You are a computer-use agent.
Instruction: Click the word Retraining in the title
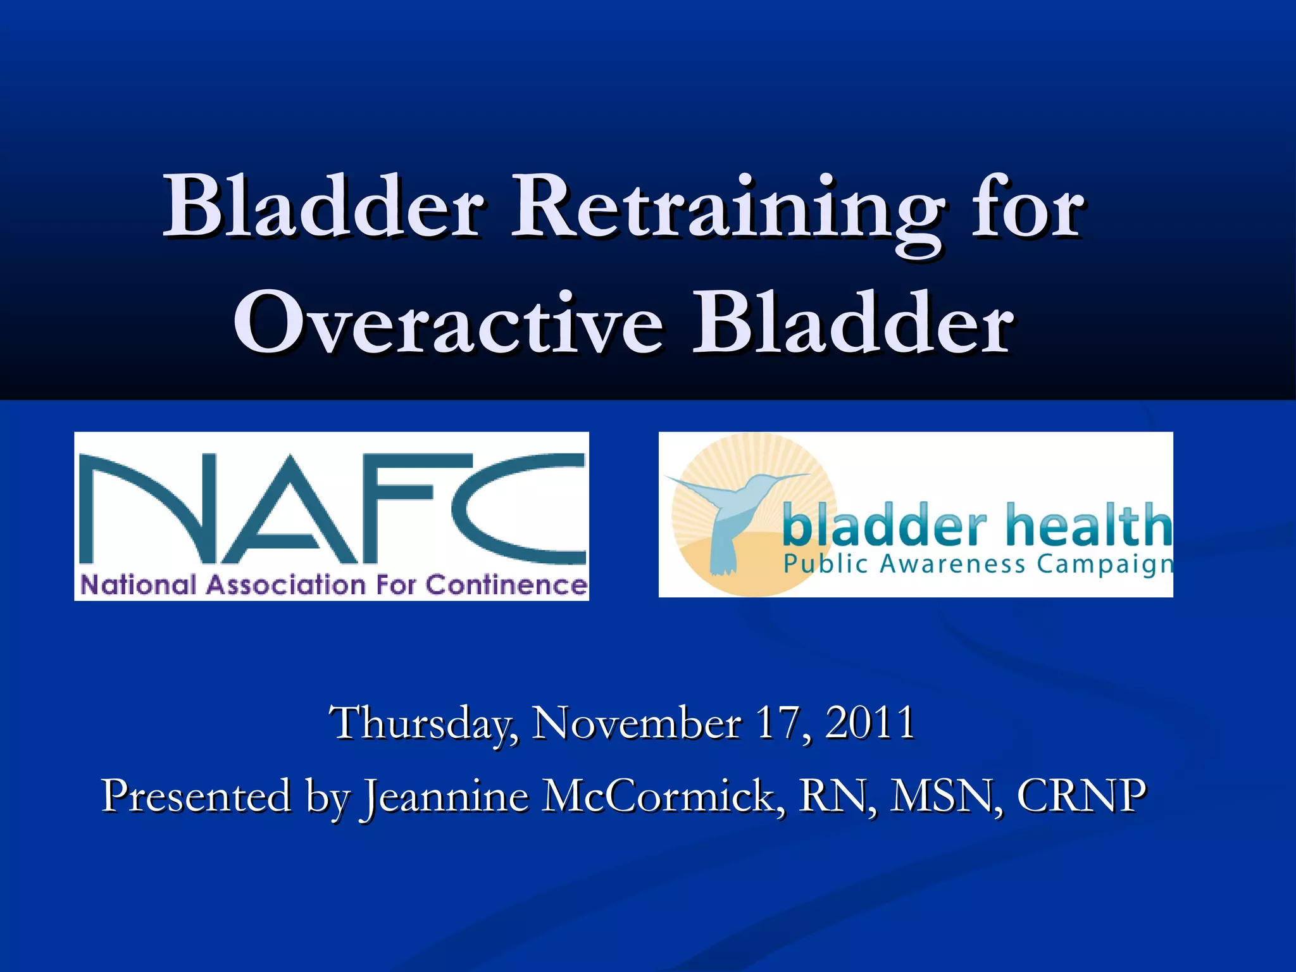tap(728, 209)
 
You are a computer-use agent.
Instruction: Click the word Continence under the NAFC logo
tap(506, 585)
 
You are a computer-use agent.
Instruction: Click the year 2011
tap(870, 723)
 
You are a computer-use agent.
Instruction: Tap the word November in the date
tap(636, 723)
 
